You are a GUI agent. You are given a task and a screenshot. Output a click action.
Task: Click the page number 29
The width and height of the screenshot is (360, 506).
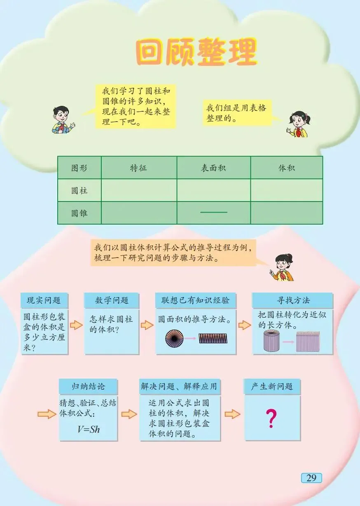point(311,478)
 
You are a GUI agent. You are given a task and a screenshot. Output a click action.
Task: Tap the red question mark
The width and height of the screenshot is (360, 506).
point(271,418)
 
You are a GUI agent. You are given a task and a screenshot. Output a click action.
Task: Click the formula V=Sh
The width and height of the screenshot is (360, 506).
point(89,429)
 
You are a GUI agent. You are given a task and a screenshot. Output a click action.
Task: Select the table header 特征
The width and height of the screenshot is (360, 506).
point(138,168)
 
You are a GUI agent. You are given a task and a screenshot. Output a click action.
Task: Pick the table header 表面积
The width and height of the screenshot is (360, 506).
point(213,168)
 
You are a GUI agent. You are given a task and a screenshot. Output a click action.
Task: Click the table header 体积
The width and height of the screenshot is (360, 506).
point(286,168)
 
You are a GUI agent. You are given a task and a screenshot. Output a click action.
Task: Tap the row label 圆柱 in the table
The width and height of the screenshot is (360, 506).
point(79,190)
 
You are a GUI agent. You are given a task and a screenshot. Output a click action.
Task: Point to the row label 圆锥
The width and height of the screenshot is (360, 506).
point(79,213)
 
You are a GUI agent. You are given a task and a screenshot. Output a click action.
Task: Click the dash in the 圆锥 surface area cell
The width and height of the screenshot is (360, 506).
point(213,213)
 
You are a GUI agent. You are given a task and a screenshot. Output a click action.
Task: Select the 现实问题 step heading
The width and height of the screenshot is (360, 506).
point(44,300)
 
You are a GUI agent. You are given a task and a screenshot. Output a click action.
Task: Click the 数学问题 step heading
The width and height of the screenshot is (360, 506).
point(111,300)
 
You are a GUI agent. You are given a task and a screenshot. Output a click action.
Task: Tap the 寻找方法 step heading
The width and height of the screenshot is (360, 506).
point(293,300)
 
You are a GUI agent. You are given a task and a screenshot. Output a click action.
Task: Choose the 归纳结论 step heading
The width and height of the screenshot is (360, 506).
point(88,387)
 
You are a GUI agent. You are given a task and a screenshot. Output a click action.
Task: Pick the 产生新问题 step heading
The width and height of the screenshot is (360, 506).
point(272,387)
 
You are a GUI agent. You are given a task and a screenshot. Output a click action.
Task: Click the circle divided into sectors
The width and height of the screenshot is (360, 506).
point(174,338)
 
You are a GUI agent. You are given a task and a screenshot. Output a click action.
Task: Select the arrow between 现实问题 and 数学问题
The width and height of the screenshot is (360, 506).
point(76,325)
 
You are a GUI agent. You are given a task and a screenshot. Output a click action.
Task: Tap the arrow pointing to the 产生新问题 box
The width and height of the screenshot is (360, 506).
point(232,414)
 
